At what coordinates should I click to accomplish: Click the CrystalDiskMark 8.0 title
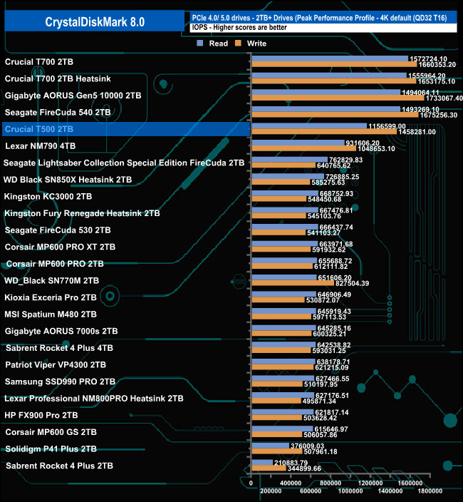click(x=94, y=22)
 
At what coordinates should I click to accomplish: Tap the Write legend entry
click(x=256, y=43)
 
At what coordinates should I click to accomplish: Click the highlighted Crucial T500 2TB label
click(x=38, y=129)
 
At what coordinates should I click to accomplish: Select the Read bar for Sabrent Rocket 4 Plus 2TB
click(x=269, y=463)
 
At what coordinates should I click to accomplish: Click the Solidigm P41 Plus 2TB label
click(x=51, y=449)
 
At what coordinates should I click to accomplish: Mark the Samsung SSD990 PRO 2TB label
click(x=60, y=381)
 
